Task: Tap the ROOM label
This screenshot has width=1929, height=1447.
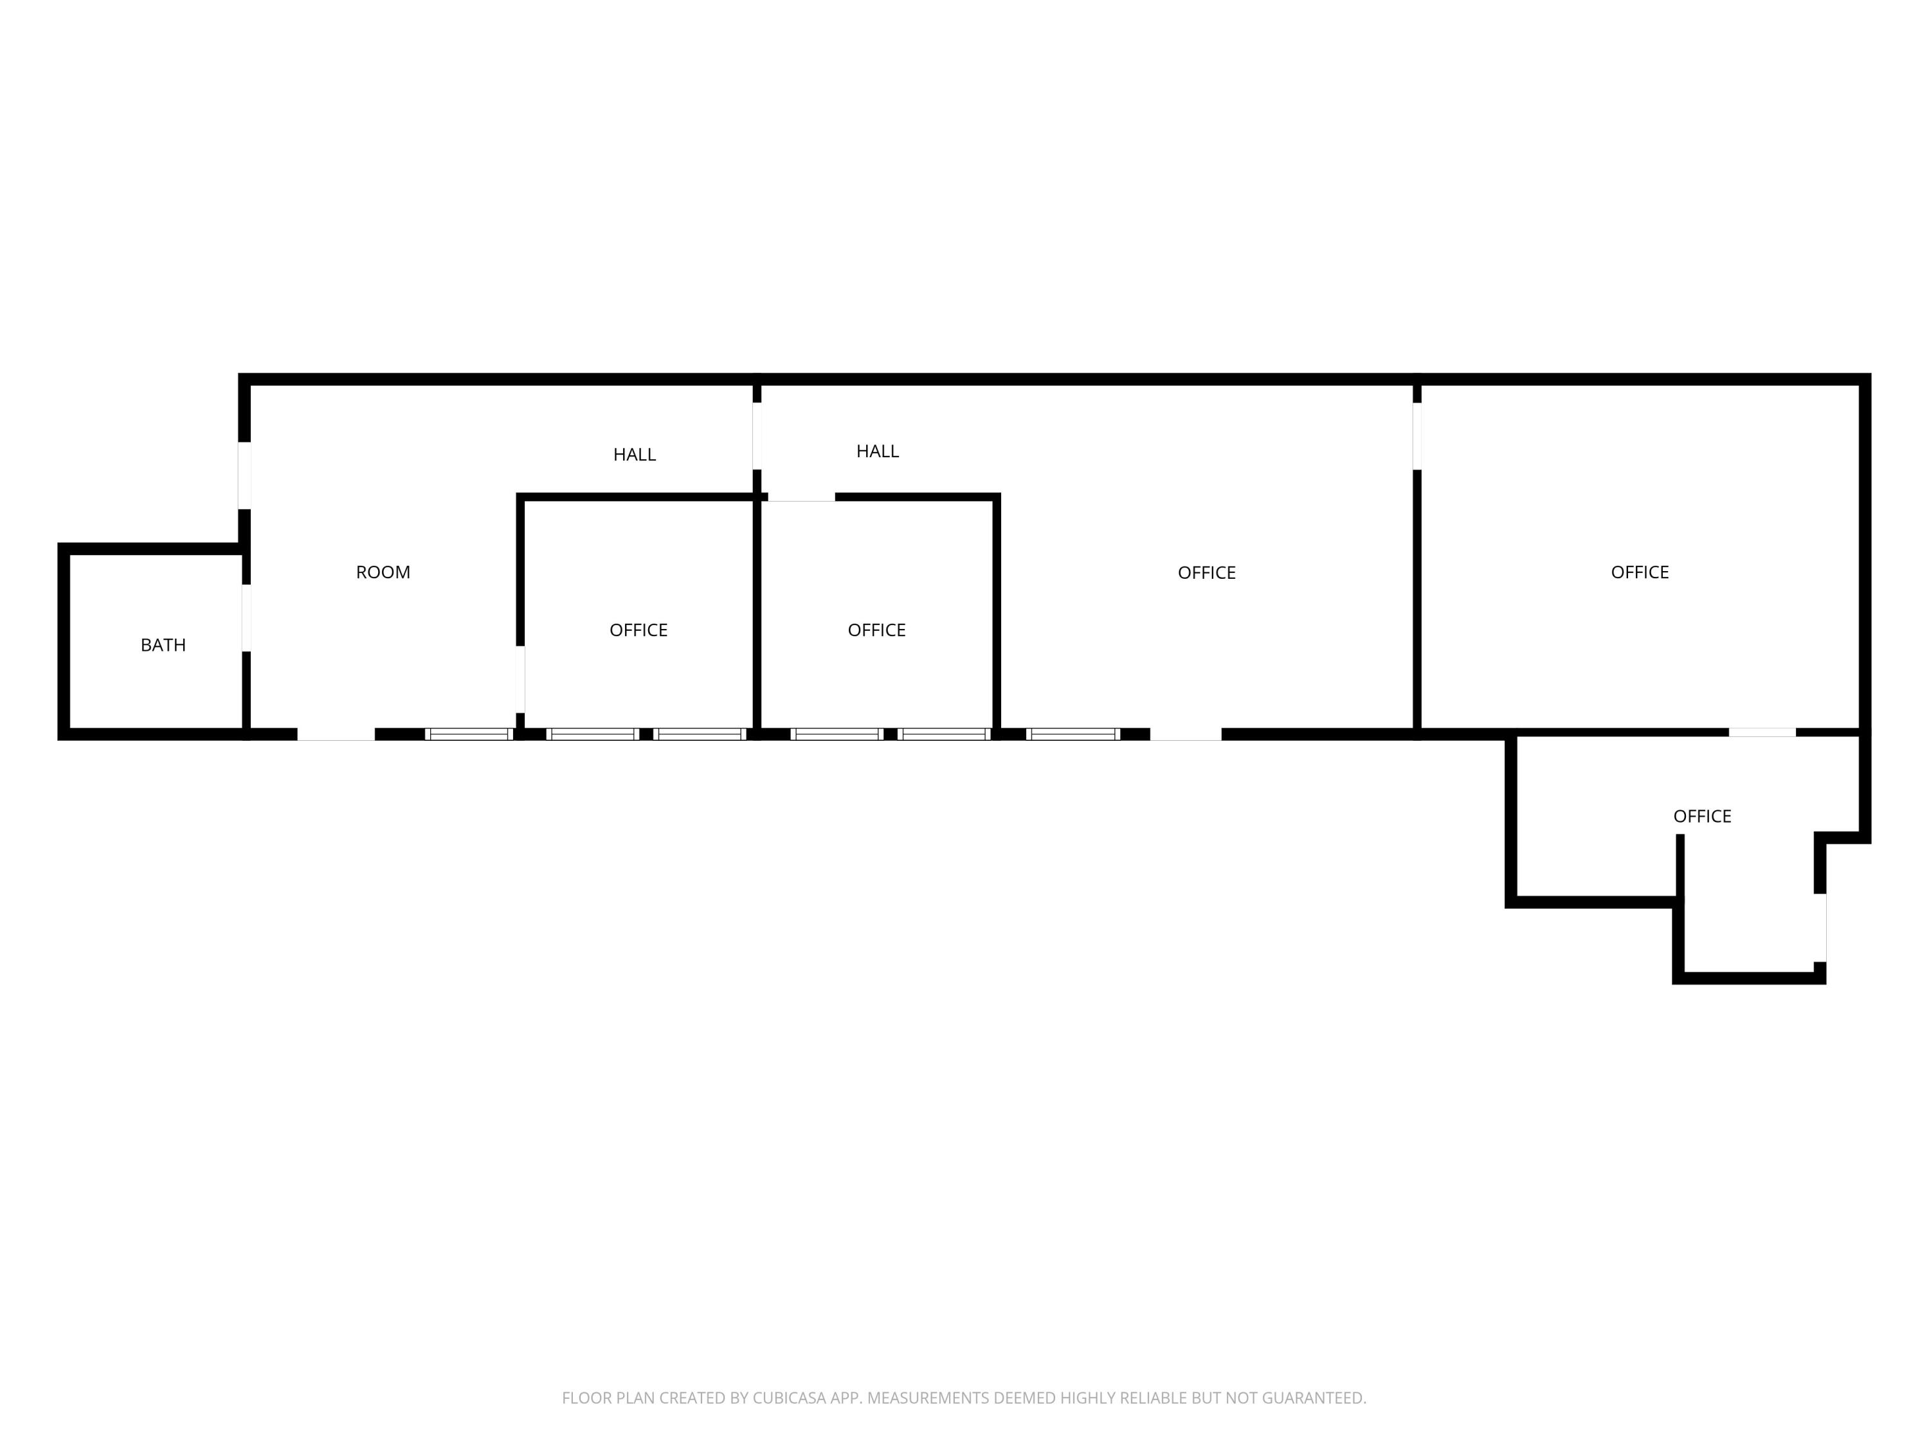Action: click(x=383, y=572)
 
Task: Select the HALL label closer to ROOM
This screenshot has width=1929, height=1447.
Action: click(x=634, y=455)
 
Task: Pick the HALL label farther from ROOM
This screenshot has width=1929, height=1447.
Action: click(x=877, y=451)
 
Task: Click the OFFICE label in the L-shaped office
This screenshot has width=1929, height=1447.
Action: click(x=1702, y=816)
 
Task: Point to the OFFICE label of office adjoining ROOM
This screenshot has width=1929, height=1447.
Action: click(x=638, y=630)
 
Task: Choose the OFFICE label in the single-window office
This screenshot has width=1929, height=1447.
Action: click(x=1207, y=572)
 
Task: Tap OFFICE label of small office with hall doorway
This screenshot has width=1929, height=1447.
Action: click(x=876, y=630)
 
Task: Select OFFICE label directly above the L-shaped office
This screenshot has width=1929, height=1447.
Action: click(x=1640, y=572)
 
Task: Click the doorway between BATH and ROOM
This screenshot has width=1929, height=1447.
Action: click(x=246, y=617)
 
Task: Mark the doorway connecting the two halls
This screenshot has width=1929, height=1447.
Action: click(x=757, y=436)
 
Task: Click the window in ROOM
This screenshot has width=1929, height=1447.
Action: click(x=469, y=734)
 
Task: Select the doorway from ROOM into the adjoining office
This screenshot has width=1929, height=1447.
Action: click(x=520, y=680)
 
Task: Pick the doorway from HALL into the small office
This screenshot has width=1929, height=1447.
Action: click(x=801, y=497)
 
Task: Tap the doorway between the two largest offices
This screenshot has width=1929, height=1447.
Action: click(x=1417, y=436)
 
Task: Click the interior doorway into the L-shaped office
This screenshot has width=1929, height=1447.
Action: click(x=1762, y=733)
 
